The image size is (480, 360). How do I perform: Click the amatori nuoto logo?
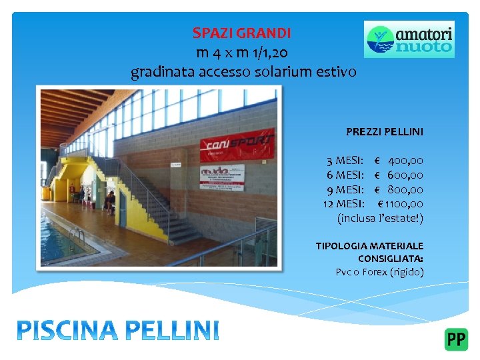point(409,39)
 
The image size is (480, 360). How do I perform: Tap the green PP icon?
point(456,339)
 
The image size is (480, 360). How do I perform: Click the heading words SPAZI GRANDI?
point(241,33)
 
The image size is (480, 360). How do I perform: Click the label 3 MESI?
point(345,161)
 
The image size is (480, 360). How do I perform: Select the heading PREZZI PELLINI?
point(384,132)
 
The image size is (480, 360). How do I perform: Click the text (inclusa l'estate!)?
point(380,218)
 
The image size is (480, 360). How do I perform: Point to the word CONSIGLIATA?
point(390,259)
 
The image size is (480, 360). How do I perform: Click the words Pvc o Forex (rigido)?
point(379,272)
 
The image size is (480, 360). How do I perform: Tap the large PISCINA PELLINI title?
point(117,330)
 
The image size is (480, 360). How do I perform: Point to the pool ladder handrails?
point(76,235)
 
